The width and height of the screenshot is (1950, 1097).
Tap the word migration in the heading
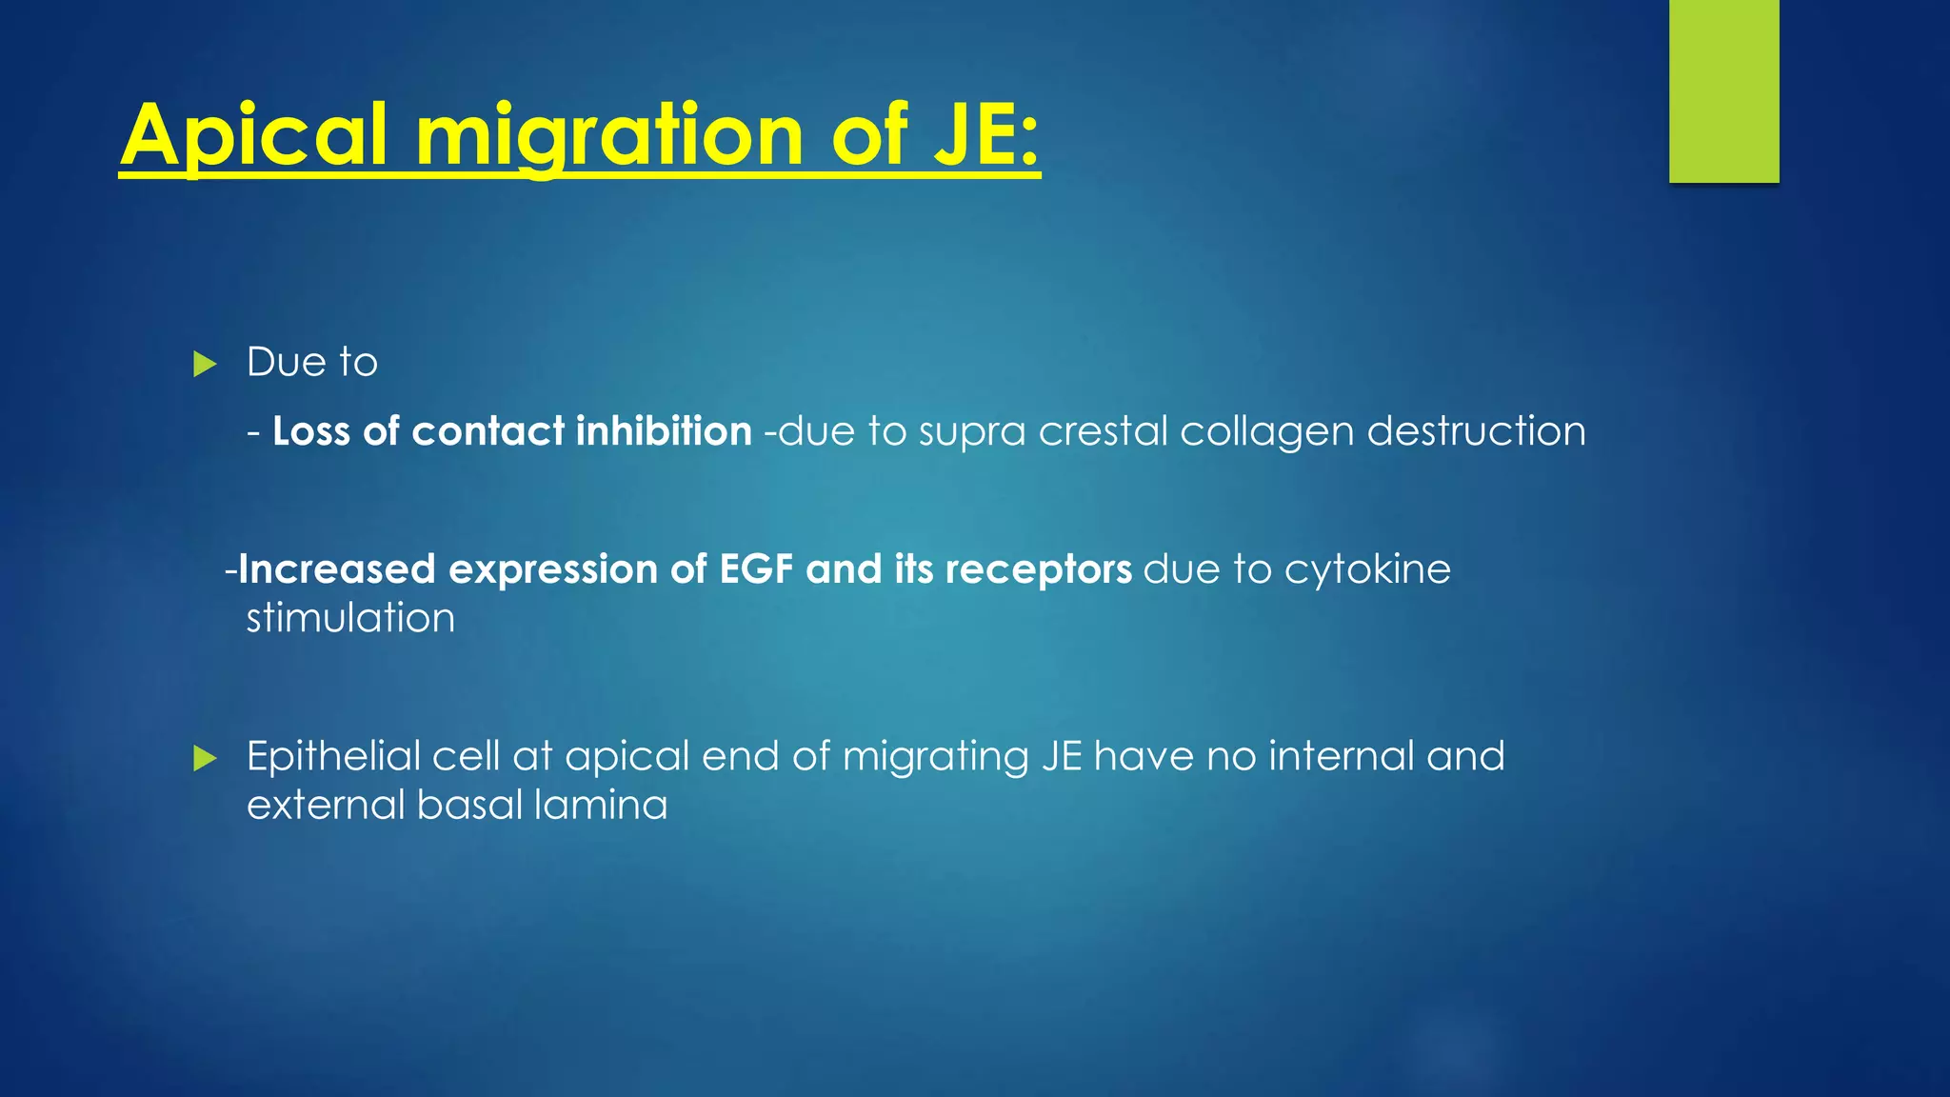pos(609,136)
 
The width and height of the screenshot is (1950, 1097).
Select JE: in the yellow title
pos(985,136)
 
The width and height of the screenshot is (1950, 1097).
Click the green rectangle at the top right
pos(1723,90)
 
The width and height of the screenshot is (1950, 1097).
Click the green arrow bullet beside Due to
pos(205,364)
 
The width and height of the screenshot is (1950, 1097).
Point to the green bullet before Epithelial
pos(205,759)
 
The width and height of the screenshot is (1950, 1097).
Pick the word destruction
pos(1476,431)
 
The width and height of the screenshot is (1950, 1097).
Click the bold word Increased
pos(337,569)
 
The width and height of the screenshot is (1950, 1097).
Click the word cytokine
pos(1367,569)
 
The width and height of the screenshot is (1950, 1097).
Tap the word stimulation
pos(350,618)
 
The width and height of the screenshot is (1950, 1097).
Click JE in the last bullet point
pos(1062,756)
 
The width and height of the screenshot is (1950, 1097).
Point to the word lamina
pos(601,805)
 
